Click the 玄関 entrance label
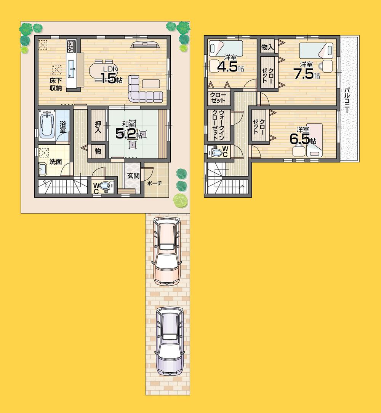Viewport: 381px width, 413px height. click(133, 176)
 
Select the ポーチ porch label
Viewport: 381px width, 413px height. click(155, 183)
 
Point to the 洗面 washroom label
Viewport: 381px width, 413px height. click(56, 162)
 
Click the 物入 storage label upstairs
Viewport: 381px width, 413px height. click(267, 47)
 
